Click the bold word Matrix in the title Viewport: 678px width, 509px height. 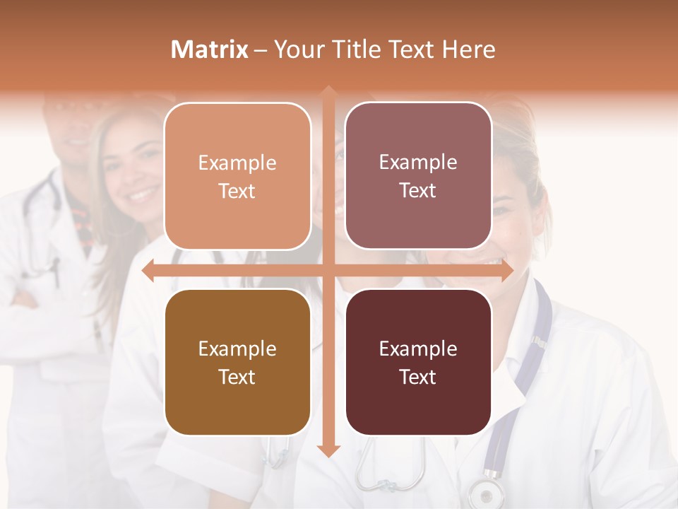pos(210,49)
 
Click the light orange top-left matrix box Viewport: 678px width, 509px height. pos(237,176)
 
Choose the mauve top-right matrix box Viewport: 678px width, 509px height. pos(418,176)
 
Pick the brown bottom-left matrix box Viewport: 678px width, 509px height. pos(237,362)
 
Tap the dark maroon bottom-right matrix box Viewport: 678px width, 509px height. pos(418,362)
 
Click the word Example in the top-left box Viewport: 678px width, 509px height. pos(237,163)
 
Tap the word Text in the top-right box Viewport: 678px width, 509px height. pos(418,191)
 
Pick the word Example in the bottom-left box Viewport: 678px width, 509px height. pos(237,349)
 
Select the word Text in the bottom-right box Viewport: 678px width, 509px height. pos(418,377)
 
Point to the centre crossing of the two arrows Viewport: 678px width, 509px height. pos(328,271)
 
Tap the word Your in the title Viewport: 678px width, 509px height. pos(297,49)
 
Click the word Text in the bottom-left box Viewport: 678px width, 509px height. pos(237,377)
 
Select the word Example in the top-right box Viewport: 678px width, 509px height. pos(418,163)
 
